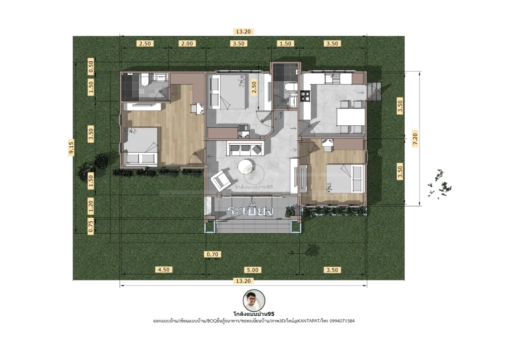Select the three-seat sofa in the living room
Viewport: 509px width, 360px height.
click(x=244, y=148)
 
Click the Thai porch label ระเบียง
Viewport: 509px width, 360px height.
click(x=251, y=211)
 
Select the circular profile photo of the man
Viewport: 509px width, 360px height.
click(x=254, y=300)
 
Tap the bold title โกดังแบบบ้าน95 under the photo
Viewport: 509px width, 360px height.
click(x=254, y=314)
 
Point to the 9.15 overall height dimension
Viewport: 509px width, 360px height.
click(x=71, y=148)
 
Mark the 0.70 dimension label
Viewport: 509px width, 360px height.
click(x=212, y=255)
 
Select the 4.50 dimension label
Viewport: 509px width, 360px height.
click(x=164, y=270)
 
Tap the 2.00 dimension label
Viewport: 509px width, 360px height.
click(x=187, y=44)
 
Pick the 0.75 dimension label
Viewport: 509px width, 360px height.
click(x=91, y=226)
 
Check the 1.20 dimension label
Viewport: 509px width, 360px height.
click(x=91, y=203)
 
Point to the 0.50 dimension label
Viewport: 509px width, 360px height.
click(x=91, y=66)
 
